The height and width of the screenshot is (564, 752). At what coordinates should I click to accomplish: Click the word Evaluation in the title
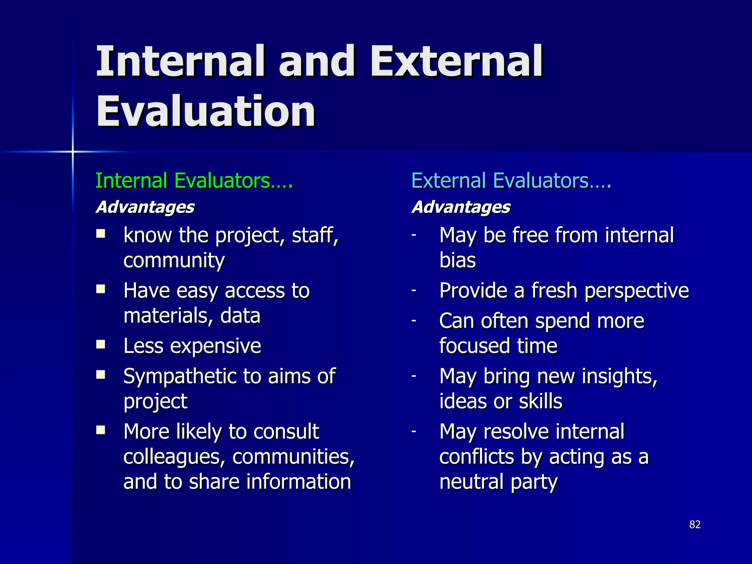point(206,111)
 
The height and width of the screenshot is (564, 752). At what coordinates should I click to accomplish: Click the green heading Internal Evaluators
point(194,181)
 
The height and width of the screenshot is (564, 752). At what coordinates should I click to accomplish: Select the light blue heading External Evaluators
point(511,181)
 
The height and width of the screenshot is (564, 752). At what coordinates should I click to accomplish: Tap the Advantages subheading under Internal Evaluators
point(145,207)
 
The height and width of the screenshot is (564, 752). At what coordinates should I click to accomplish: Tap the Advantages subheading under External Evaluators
point(461,207)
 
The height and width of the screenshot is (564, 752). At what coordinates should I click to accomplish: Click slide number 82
point(695,524)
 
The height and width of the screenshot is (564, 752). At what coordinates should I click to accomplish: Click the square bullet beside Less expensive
point(101,344)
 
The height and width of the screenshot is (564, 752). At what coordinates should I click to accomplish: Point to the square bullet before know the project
point(101,234)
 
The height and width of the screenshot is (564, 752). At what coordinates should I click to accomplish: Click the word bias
point(458,260)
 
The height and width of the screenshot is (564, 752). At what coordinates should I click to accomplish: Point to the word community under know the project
point(174,261)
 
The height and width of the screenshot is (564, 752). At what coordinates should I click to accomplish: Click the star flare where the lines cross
point(73,151)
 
